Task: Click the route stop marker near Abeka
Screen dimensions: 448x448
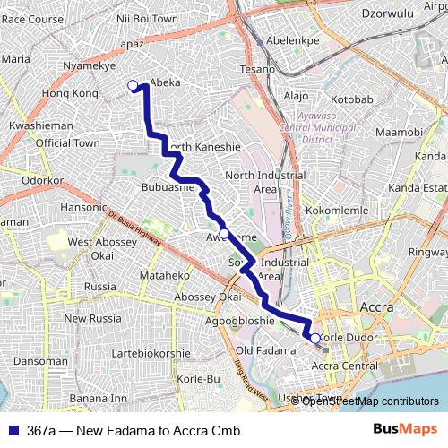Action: pos(133,85)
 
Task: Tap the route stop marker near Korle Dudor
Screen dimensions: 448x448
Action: pos(315,338)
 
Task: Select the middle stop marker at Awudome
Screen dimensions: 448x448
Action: pos(224,234)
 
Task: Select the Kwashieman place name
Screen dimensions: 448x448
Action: pos(40,126)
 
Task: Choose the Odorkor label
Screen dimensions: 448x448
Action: pos(40,180)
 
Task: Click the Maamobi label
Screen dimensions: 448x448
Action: pos(399,133)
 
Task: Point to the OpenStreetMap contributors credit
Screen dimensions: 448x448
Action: pos(369,401)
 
